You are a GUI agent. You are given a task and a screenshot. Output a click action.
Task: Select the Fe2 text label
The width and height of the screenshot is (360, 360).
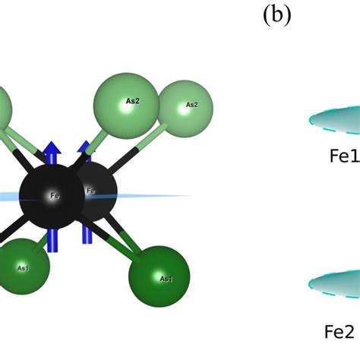tap(339, 331)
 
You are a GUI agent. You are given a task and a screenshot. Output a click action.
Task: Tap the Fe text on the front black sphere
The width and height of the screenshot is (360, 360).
tap(55, 196)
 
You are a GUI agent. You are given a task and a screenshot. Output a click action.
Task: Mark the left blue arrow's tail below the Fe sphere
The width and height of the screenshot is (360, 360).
tap(52, 242)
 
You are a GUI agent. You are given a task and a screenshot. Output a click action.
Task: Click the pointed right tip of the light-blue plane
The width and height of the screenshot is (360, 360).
tap(190, 196)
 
